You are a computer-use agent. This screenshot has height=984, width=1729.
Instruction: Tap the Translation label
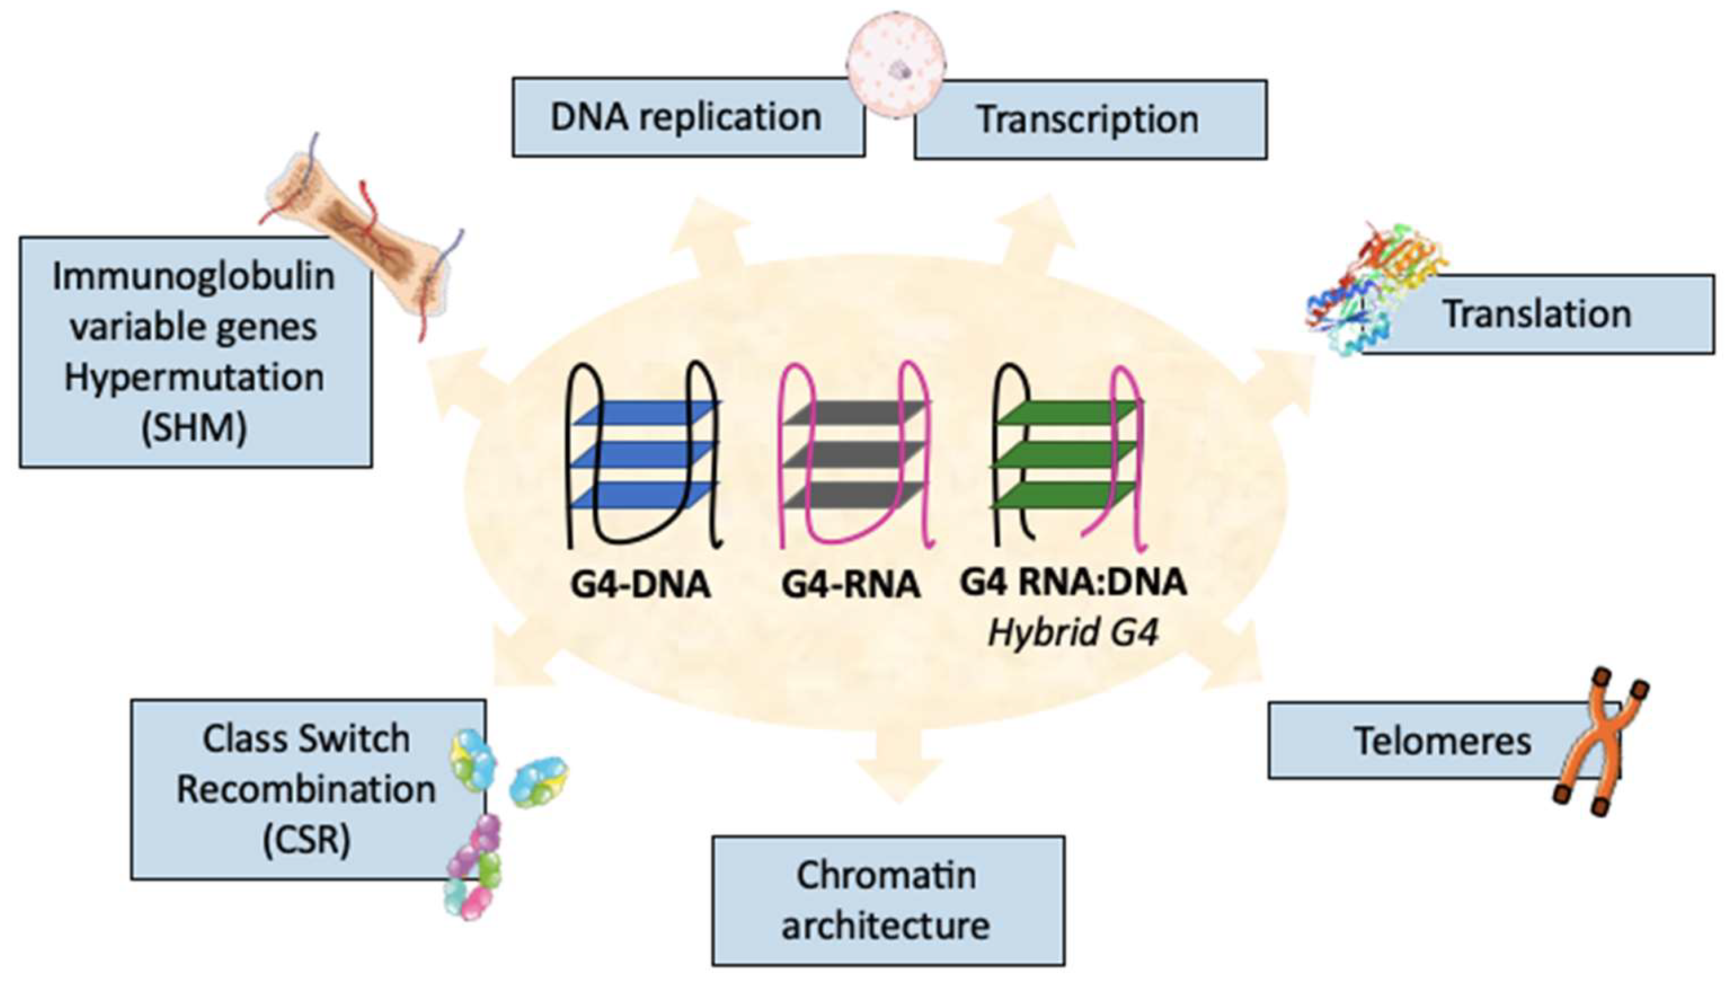[1537, 314]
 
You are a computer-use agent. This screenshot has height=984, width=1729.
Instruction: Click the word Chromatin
[886, 875]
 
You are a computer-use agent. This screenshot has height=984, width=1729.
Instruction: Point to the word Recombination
[306, 790]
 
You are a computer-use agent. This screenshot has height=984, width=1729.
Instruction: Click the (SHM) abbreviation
[194, 427]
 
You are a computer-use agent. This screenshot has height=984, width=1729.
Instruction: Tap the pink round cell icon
[896, 65]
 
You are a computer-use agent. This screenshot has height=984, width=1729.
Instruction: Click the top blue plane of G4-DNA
[645, 414]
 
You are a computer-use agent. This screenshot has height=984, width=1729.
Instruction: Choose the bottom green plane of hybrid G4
[1064, 495]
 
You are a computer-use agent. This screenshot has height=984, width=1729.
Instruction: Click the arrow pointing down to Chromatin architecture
[899, 764]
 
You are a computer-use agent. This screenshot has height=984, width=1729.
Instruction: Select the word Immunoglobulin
[194, 276]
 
